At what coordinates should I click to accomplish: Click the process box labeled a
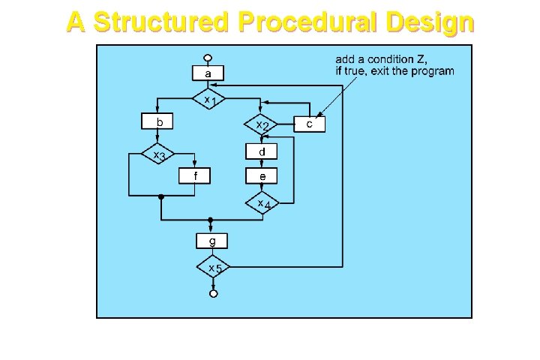click(x=208, y=73)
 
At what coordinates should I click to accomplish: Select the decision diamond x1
click(x=208, y=99)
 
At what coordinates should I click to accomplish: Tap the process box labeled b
click(x=158, y=121)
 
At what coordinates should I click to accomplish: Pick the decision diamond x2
click(x=261, y=124)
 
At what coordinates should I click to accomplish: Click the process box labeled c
click(x=310, y=124)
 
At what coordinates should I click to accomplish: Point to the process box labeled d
click(x=262, y=151)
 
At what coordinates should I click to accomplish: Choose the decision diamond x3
click(x=158, y=154)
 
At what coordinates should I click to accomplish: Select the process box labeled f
click(x=195, y=175)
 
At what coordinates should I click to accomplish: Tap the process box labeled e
click(x=262, y=176)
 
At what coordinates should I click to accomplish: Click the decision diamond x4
click(x=261, y=202)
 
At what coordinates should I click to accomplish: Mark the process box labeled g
click(x=211, y=241)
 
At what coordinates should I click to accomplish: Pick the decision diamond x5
click(x=213, y=267)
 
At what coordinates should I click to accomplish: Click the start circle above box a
click(x=208, y=58)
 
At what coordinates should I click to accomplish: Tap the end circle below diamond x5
click(x=213, y=293)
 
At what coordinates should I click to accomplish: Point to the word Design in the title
click(x=430, y=22)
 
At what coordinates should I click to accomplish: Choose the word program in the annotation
click(x=434, y=72)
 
